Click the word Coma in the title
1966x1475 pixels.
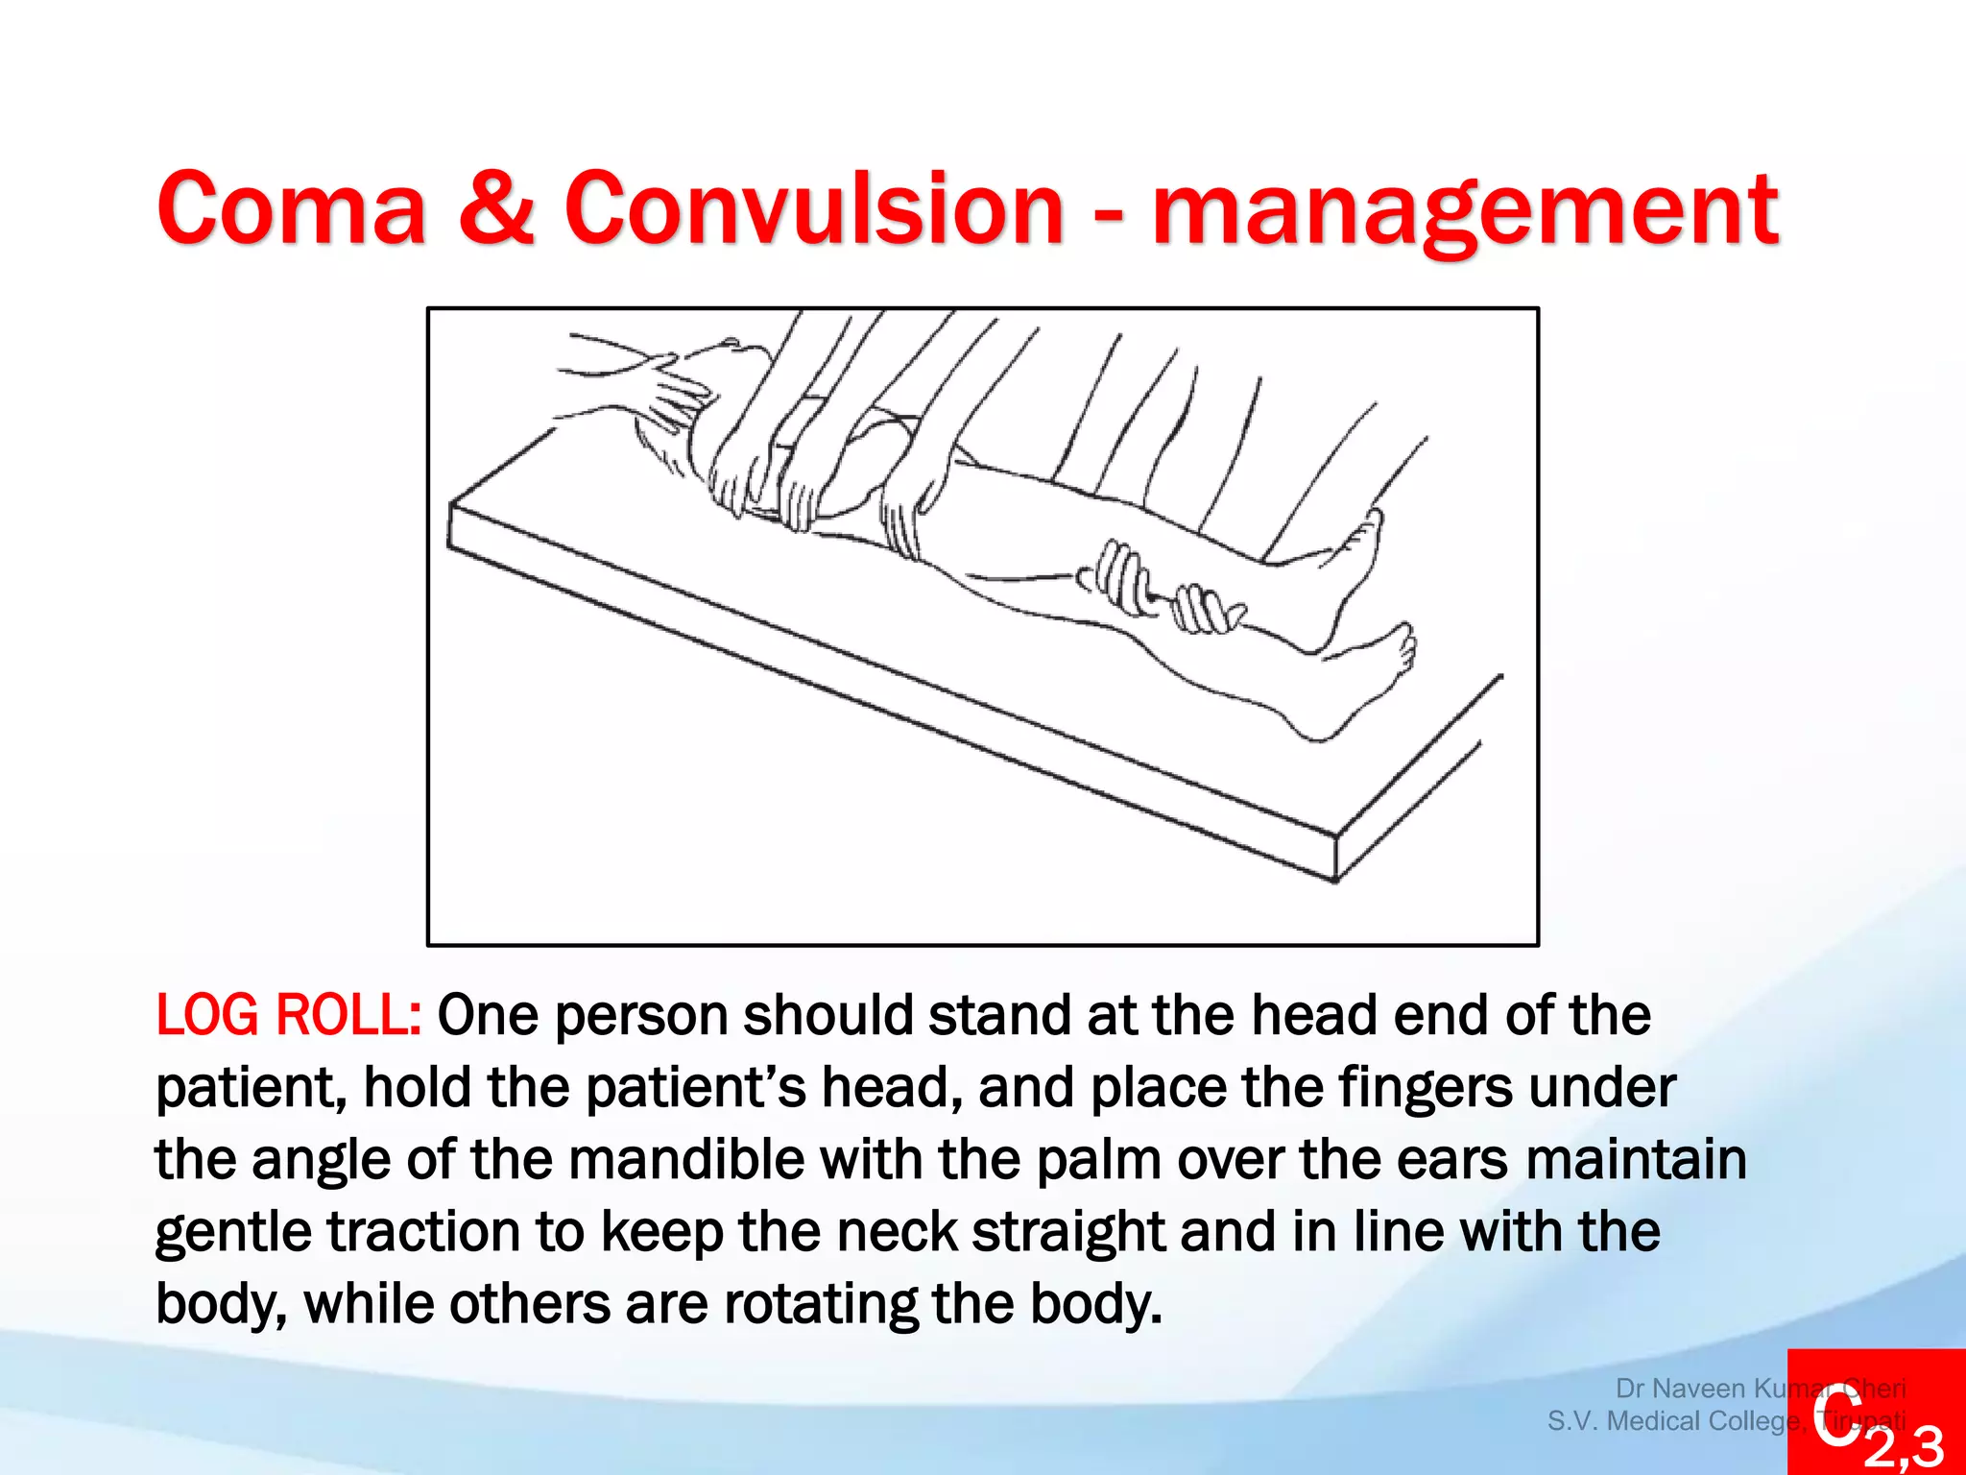pyautogui.click(x=291, y=208)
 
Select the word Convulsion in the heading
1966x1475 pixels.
pyautogui.click(x=813, y=208)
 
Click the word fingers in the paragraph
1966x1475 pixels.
pyautogui.click(x=1425, y=1088)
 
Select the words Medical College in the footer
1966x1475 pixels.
pyautogui.click(x=1704, y=1421)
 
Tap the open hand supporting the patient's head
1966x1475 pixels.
pyautogui.click(x=672, y=394)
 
